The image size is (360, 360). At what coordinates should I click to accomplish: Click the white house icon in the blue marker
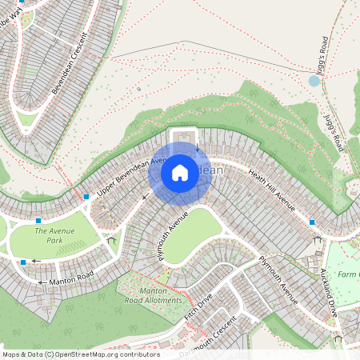pyautogui.click(x=180, y=173)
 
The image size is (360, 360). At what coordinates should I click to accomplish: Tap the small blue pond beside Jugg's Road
pyautogui.click(x=314, y=81)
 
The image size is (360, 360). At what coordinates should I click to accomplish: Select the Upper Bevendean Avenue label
pyautogui.click(x=123, y=178)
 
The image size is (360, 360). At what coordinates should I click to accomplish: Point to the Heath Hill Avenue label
pyautogui.click(x=272, y=192)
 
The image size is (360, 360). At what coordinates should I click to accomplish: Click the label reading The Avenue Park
pyautogui.click(x=54, y=235)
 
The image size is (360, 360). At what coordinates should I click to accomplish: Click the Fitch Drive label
pyautogui.click(x=198, y=305)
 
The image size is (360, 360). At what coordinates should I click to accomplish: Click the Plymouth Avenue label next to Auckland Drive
pyautogui.click(x=278, y=280)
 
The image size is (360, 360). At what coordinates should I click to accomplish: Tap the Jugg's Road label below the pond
pyautogui.click(x=333, y=133)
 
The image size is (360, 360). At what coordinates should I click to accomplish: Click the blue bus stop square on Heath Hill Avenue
pyautogui.click(x=312, y=222)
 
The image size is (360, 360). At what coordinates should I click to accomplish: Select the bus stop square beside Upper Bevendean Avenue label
pyautogui.click(x=86, y=197)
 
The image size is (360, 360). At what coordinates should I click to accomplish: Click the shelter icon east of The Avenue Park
pyautogui.click(x=110, y=238)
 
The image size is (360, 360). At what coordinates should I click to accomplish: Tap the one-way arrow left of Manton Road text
pyautogui.click(x=41, y=282)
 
